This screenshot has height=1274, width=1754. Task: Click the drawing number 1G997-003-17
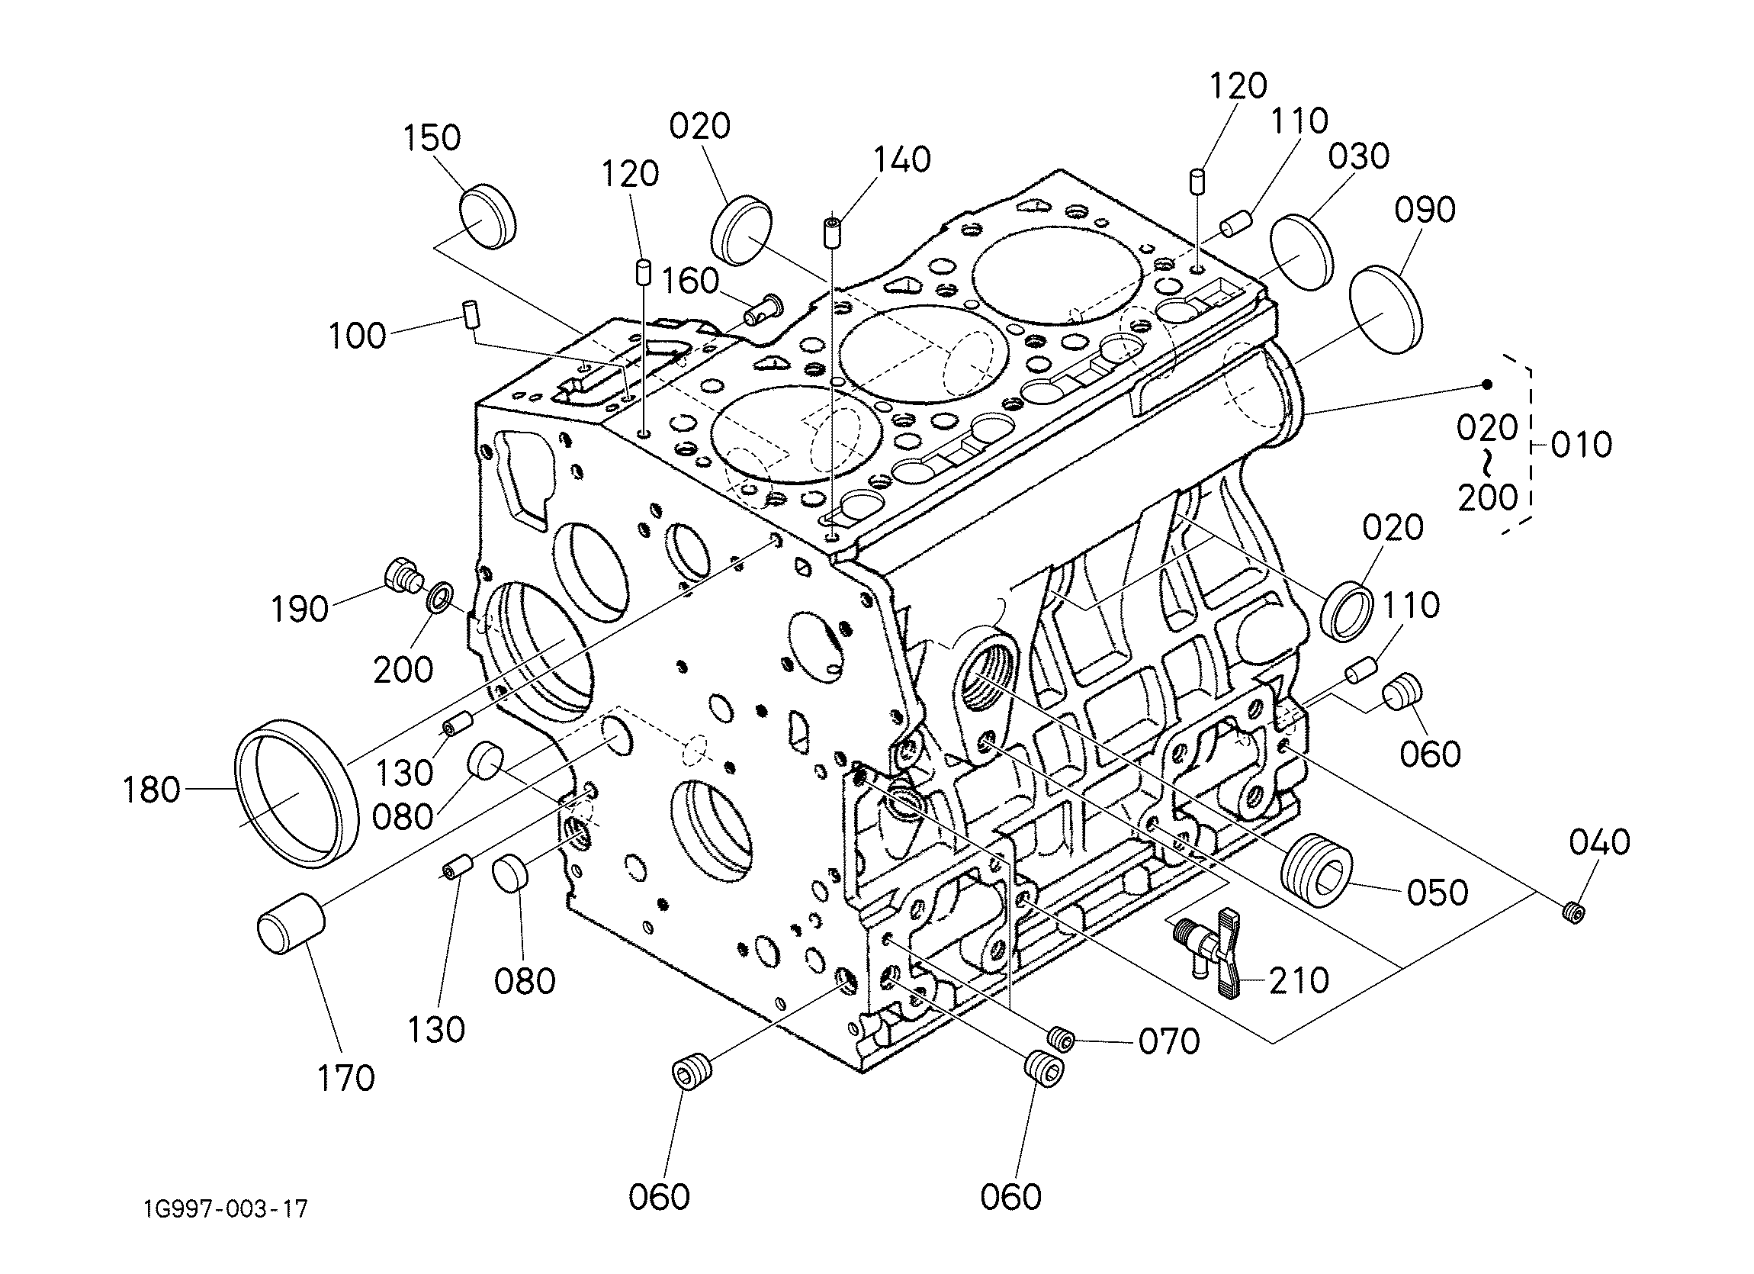pos(225,1208)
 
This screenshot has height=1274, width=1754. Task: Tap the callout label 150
pos(432,137)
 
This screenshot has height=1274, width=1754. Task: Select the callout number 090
pos(1425,210)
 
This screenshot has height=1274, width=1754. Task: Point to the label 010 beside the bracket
pos(1582,445)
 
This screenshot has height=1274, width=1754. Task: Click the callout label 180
pos(152,790)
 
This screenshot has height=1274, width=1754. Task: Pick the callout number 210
pos(1299,981)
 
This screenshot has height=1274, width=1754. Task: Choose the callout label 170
pos(345,1077)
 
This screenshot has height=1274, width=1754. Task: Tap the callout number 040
pos(1599,842)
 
